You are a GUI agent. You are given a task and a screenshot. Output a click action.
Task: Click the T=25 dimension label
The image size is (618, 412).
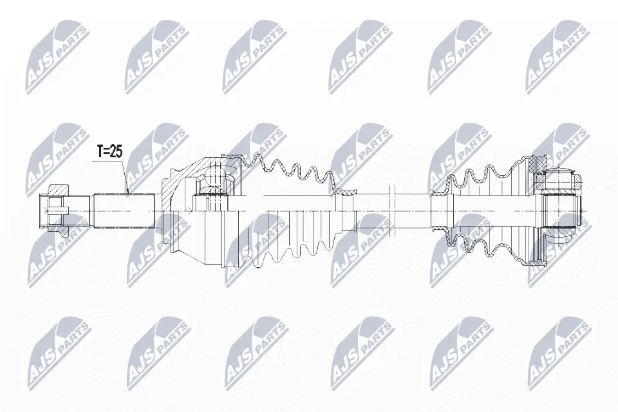tap(109, 152)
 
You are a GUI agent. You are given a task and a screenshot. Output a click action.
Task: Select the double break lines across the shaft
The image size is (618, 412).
tap(391, 206)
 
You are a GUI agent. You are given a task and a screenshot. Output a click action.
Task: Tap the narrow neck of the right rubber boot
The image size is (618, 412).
tap(439, 206)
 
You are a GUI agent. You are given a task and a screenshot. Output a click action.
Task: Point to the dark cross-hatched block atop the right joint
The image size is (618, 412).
tap(536, 164)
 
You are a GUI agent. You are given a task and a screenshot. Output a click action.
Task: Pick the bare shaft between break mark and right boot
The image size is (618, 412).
tap(412, 206)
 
